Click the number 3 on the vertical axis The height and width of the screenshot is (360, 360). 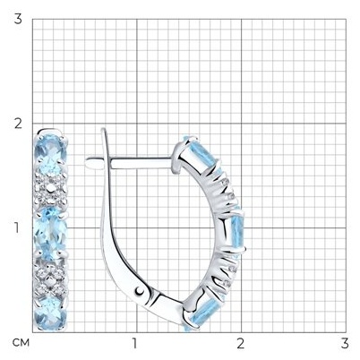[x=18, y=19]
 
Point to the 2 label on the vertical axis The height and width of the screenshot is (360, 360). [x=18, y=124]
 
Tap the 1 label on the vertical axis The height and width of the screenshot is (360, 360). [x=17, y=228]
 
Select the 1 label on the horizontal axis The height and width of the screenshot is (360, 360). [x=134, y=344]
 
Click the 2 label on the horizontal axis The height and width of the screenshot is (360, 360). [x=240, y=344]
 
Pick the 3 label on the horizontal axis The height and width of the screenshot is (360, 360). [x=345, y=344]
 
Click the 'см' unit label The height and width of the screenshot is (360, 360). [x=21, y=343]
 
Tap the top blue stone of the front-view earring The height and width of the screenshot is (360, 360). [x=50, y=152]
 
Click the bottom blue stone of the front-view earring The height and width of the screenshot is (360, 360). [x=50, y=313]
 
